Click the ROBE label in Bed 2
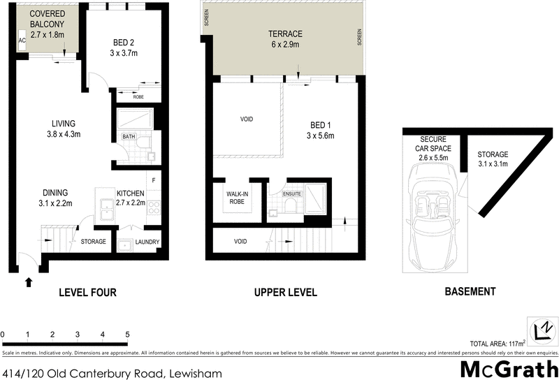tap(138, 98)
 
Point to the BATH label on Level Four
tap(129, 137)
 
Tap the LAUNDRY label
tap(148, 242)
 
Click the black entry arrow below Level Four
tap(29, 282)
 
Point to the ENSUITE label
tap(291, 193)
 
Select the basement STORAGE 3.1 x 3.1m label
tap(493, 159)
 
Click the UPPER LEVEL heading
tap(285, 292)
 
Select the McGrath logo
tap(507, 367)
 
